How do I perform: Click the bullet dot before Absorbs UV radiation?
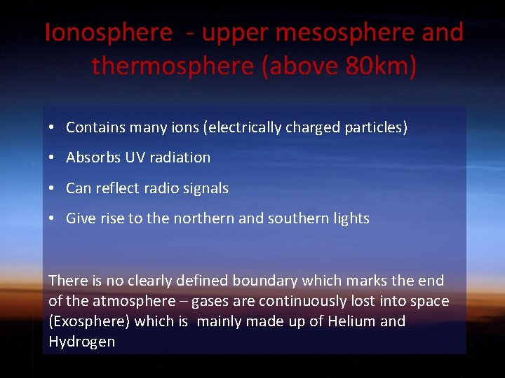[53, 157]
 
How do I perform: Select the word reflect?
[116, 188]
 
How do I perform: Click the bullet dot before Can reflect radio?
[53, 188]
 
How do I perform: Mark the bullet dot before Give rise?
[53, 218]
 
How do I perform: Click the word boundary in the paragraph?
[264, 281]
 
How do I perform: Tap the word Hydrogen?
[81, 342]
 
